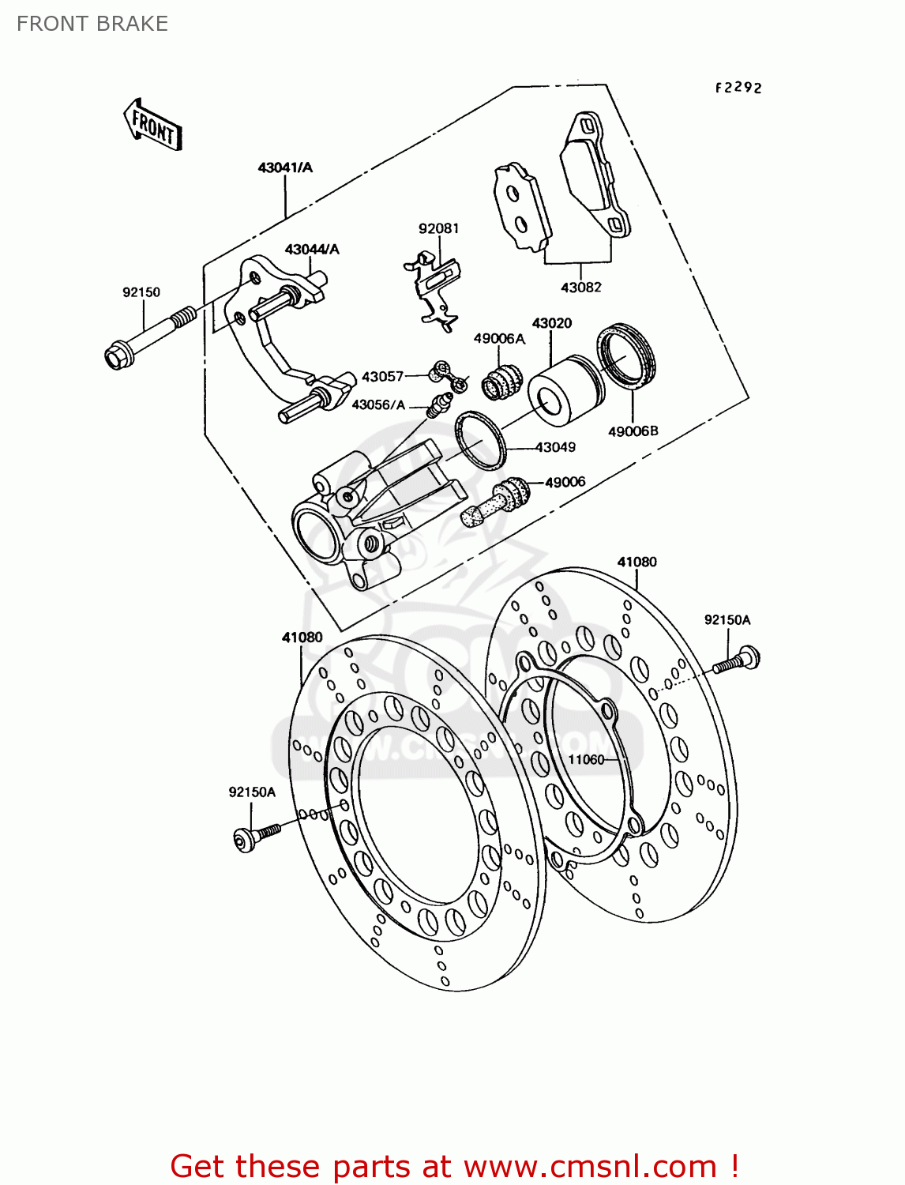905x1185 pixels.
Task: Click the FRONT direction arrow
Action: (x=153, y=126)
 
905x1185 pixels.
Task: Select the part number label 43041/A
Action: (x=285, y=167)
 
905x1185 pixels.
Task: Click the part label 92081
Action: (x=438, y=228)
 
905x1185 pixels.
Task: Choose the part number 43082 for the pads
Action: (x=580, y=288)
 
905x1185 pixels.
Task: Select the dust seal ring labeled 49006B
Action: (x=627, y=355)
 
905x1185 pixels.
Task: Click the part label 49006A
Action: (x=499, y=338)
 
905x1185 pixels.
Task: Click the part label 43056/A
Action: (x=378, y=404)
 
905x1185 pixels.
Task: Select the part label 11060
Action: (x=586, y=760)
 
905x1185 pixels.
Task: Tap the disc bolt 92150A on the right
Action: (x=738, y=660)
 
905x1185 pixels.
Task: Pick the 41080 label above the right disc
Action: (x=637, y=562)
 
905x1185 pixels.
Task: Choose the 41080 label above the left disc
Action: (x=302, y=638)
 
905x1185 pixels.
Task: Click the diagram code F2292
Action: (x=738, y=88)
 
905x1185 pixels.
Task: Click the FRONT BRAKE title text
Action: (x=92, y=24)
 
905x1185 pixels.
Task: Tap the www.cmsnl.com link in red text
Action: (x=589, y=1166)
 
